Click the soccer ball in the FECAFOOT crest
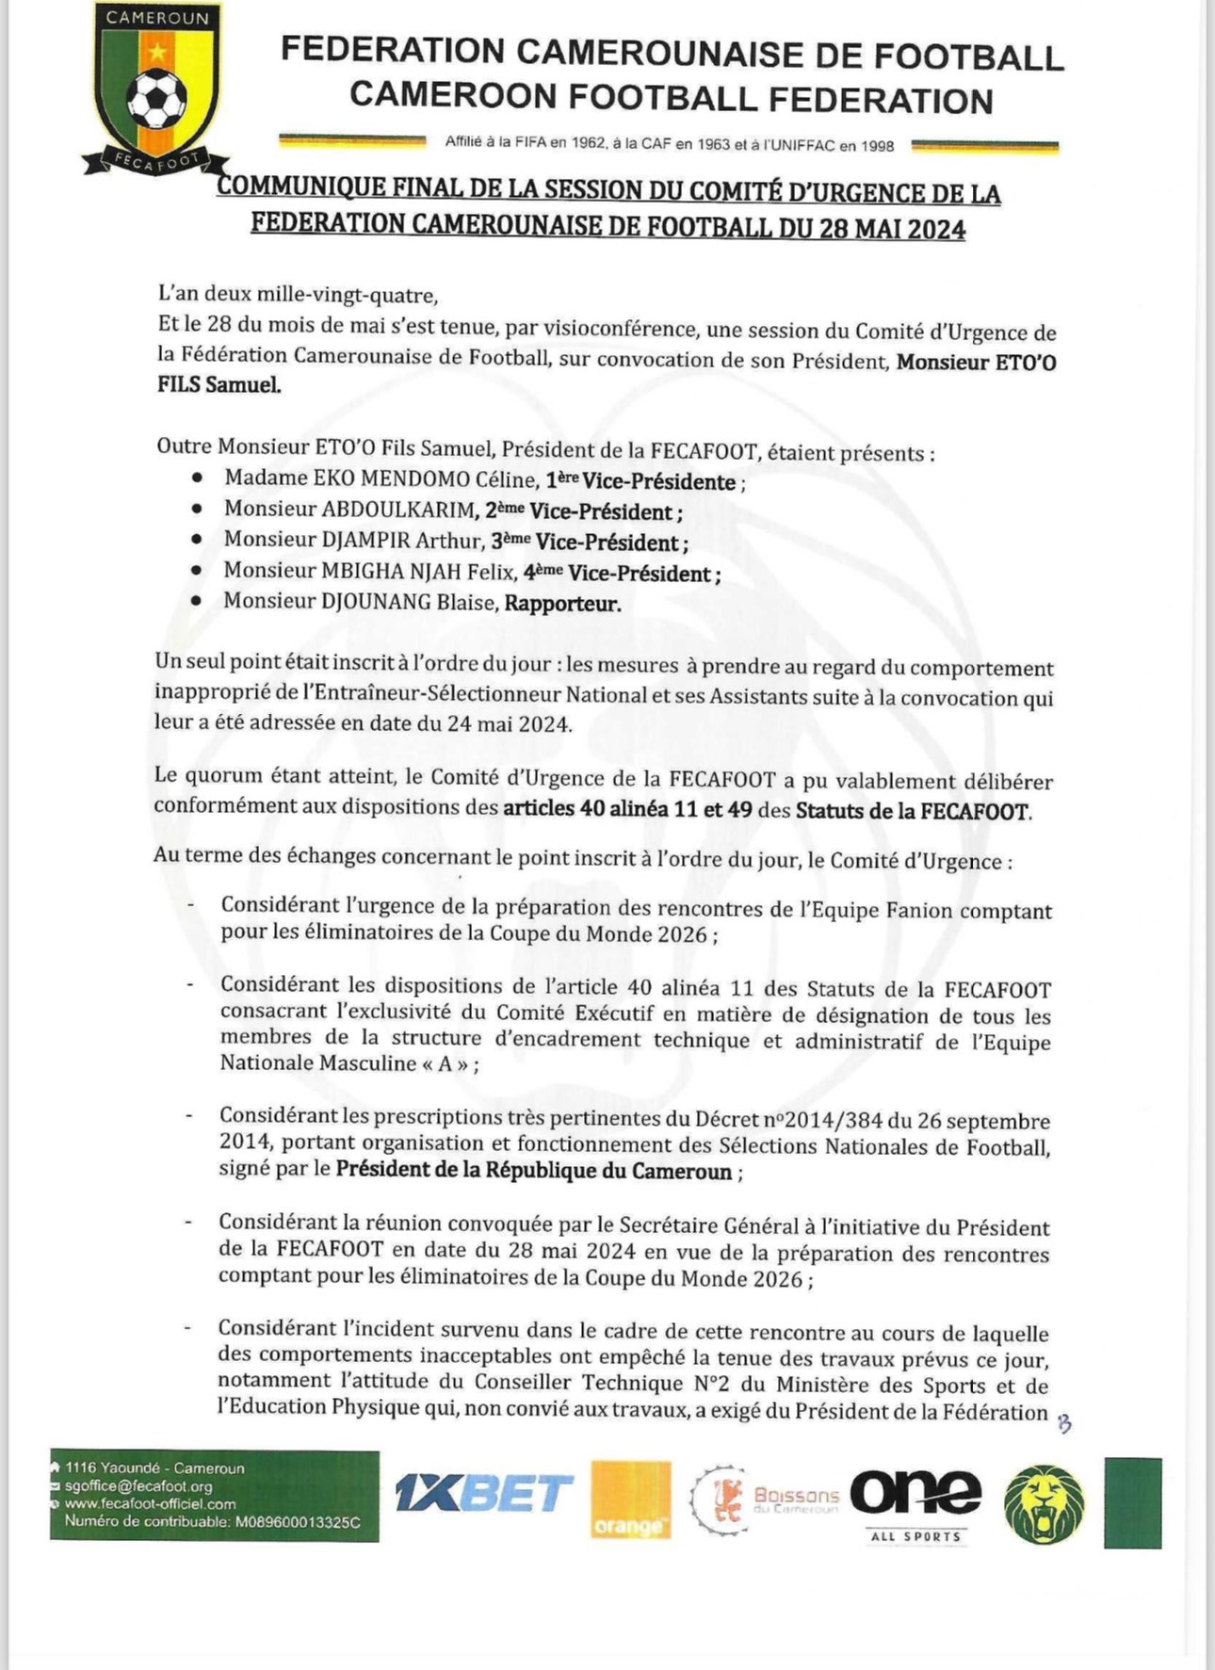(x=156, y=99)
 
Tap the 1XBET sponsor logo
(x=483, y=1494)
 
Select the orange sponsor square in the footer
(x=630, y=1500)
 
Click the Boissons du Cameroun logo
(x=765, y=1498)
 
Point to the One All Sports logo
(x=915, y=1500)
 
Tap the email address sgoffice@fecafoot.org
(x=138, y=1485)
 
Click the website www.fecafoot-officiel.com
(x=150, y=1503)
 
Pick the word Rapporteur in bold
(x=562, y=603)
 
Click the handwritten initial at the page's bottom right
(x=1064, y=1424)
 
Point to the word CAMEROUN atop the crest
(x=156, y=18)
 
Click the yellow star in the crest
(x=157, y=53)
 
